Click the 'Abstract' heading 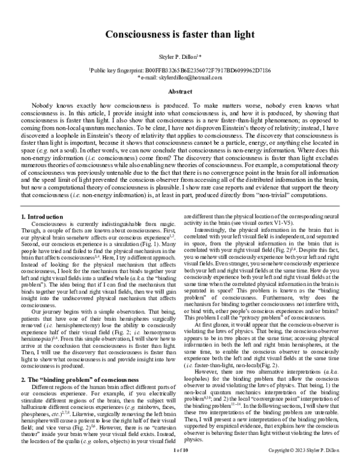click(179, 92)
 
